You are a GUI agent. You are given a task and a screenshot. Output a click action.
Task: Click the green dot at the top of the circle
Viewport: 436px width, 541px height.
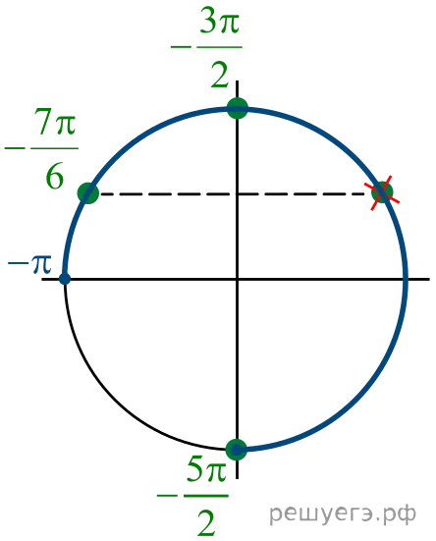click(x=238, y=108)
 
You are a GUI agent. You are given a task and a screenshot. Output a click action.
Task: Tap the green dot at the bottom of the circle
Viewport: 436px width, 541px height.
click(x=237, y=450)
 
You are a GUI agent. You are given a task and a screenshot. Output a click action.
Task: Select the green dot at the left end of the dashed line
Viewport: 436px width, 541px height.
click(x=88, y=193)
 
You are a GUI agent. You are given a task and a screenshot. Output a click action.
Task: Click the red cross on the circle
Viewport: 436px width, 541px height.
click(x=382, y=192)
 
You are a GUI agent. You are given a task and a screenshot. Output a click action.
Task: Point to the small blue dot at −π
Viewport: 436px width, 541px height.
click(x=65, y=279)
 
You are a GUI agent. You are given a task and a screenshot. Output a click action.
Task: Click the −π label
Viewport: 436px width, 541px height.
click(x=29, y=265)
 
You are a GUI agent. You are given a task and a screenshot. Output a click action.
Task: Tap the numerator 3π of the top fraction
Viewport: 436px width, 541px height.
click(x=220, y=24)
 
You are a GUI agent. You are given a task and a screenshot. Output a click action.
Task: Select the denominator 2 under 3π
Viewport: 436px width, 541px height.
click(x=220, y=75)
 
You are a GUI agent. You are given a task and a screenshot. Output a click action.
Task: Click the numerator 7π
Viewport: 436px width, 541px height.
click(x=55, y=121)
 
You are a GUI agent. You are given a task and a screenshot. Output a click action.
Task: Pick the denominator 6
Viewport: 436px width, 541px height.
click(x=55, y=177)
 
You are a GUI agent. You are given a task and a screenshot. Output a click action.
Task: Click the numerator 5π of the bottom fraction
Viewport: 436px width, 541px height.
click(x=206, y=469)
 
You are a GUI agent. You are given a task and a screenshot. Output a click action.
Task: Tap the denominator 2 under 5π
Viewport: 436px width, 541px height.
click(x=206, y=522)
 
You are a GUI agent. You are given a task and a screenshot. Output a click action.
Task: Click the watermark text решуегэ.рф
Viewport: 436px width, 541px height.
click(x=343, y=514)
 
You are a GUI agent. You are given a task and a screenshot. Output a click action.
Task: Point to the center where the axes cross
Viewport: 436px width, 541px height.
click(x=237, y=279)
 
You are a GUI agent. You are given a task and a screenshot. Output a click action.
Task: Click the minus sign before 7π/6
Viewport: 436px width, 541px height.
click(x=15, y=148)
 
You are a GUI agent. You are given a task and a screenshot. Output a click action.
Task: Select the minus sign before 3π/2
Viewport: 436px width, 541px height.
click(x=181, y=46)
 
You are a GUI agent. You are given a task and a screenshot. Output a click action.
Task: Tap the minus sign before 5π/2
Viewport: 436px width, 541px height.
click(x=167, y=496)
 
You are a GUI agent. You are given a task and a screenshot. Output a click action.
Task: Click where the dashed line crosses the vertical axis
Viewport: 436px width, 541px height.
click(x=237, y=194)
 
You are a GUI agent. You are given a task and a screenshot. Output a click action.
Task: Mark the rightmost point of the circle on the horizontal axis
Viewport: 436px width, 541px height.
click(x=406, y=279)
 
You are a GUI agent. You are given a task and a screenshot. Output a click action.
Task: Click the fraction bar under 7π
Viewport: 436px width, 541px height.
click(x=55, y=148)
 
